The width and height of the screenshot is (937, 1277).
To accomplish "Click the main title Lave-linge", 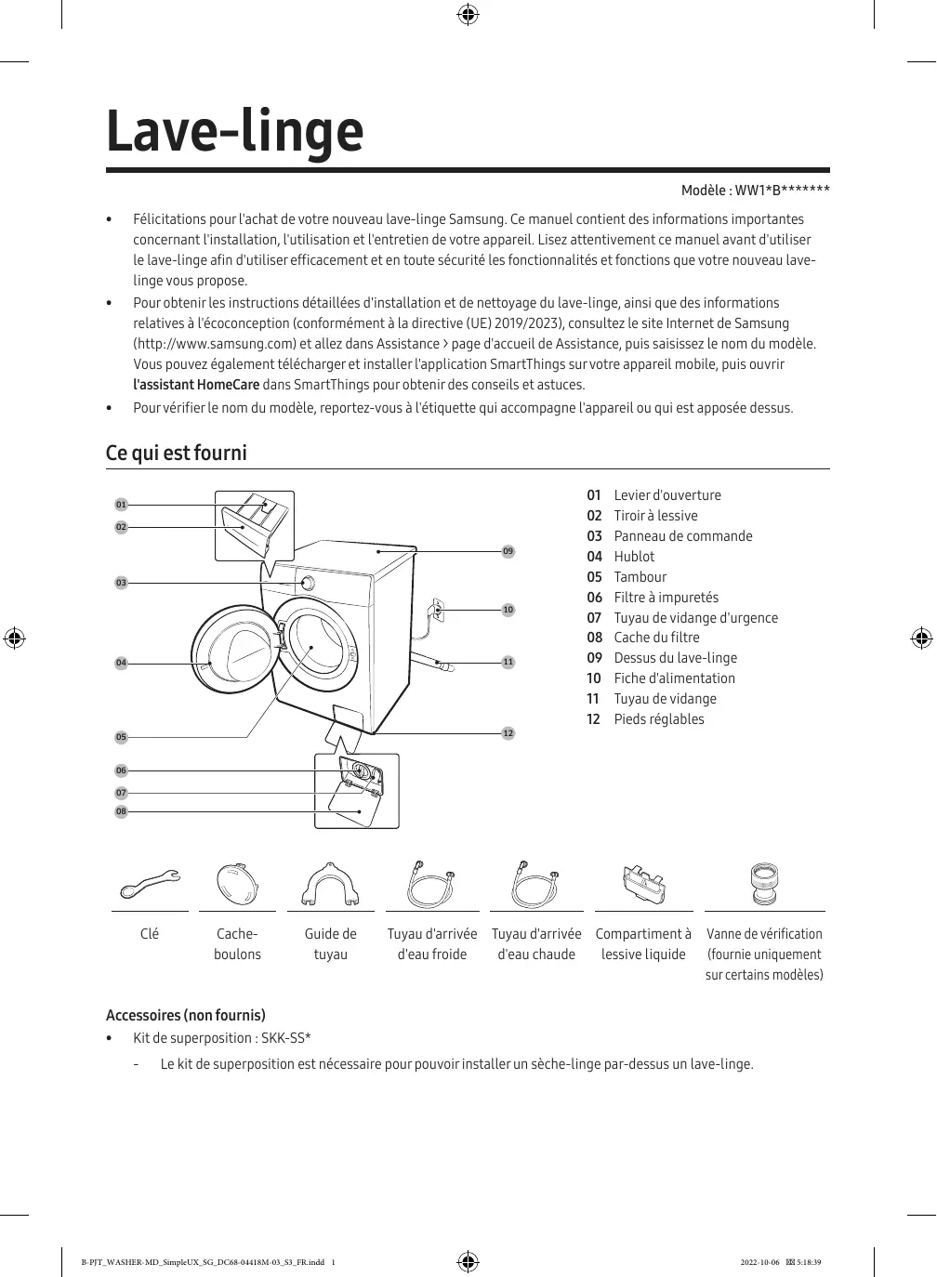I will point(234,132).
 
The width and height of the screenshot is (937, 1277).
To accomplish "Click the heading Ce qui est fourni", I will point(177,454).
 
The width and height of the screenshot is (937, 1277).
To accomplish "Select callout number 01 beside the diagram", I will point(121,505).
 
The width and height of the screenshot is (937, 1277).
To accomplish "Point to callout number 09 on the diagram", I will point(508,552).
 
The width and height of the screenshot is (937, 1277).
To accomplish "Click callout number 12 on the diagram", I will point(508,733).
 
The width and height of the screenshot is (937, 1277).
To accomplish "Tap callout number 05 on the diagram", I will point(121,737).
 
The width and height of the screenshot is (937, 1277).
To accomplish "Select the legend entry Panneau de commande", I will point(682,536).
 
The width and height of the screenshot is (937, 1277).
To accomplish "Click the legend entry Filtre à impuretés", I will point(666,598).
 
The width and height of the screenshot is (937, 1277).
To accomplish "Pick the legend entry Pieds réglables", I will point(658,719).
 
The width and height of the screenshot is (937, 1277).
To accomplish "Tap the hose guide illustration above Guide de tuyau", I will point(330,885).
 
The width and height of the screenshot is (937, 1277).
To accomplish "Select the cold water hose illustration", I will point(431,885).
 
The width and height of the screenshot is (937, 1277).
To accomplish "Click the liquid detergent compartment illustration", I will point(643,885).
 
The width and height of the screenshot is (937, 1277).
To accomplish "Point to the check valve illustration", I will point(764,885).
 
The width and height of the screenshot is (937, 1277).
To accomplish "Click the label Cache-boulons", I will point(237,944).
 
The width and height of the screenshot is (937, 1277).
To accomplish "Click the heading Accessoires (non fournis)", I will point(186,1015).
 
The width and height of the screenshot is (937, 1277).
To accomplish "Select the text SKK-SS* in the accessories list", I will point(285,1038).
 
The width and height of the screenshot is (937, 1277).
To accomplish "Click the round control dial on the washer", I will point(307,584).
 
